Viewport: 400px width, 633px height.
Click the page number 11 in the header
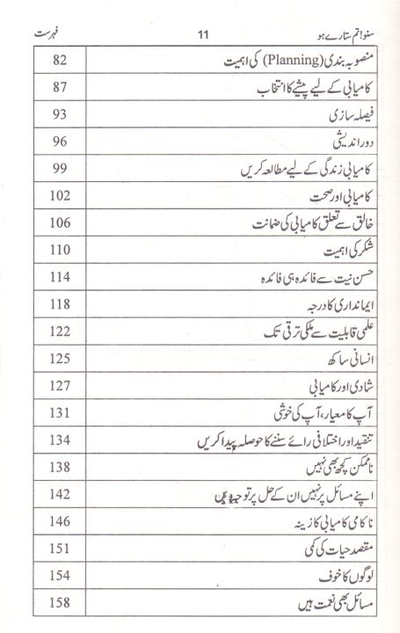point(200,36)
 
